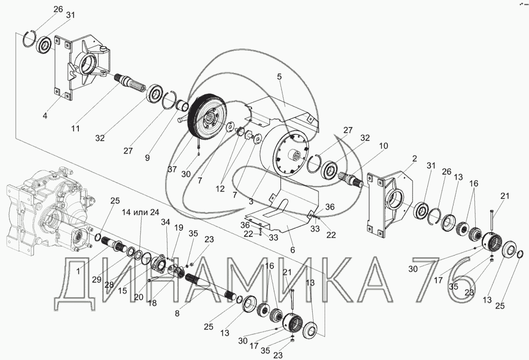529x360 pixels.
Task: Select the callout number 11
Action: [76, 128]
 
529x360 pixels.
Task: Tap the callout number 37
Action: [172, 169]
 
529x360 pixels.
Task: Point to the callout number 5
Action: [279, 77]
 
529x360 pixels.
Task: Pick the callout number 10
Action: [384, 146]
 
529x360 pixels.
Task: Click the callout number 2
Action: [414, 158]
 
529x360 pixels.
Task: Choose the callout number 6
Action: [292, 250]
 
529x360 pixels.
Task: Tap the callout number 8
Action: [177, 313]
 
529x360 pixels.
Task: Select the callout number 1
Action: [78, 271]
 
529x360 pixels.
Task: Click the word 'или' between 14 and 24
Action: [142, 213]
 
